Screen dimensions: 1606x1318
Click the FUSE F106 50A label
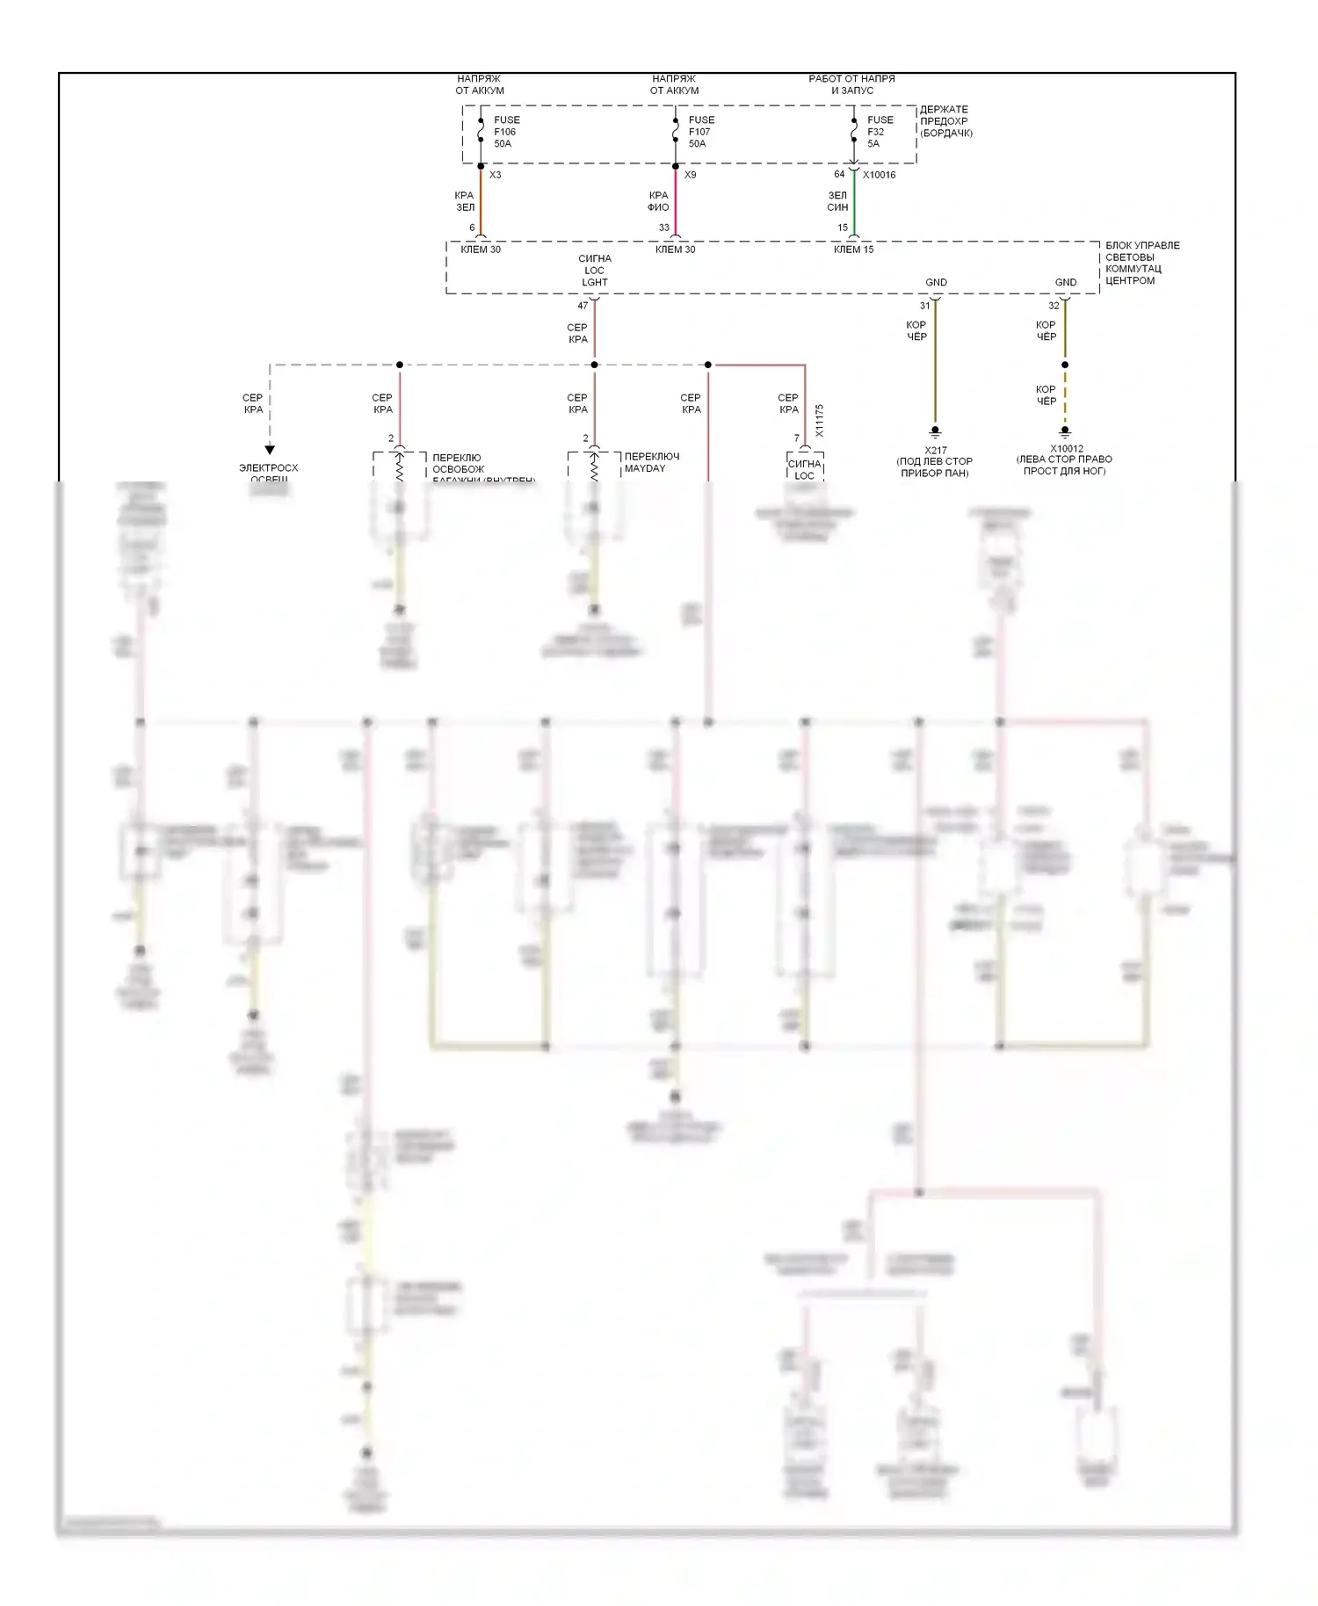[505, 132]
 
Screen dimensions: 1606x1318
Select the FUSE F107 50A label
[700, 132]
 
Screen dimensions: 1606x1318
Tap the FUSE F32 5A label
[880, 132]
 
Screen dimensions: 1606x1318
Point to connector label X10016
[879, 175]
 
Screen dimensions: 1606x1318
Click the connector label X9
[690, 175]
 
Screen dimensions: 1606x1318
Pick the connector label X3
[495, 175]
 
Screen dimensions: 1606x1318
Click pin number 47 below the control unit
[583, 306]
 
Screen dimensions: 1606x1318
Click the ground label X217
[935, 450]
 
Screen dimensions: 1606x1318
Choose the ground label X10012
[1065, 448]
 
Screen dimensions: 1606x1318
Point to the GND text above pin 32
[1065, 282]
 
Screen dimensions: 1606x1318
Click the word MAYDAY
[645, 468]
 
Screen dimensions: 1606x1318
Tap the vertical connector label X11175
[819, 421]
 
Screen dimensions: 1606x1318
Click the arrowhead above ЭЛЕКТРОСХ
[270, 450]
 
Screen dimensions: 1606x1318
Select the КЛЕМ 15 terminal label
[853, 250]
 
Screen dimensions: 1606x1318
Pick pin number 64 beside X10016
[839, 174]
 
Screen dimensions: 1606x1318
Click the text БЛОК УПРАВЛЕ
[1142, 245]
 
